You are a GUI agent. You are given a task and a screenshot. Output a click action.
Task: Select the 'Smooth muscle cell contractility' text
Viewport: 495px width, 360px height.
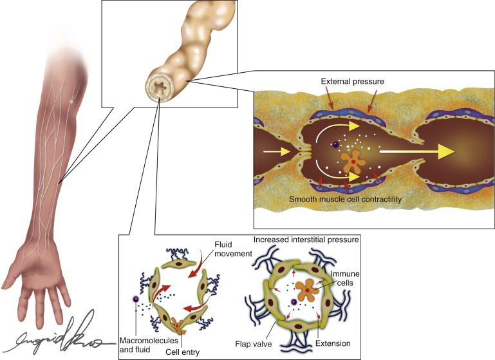(346, 200)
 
